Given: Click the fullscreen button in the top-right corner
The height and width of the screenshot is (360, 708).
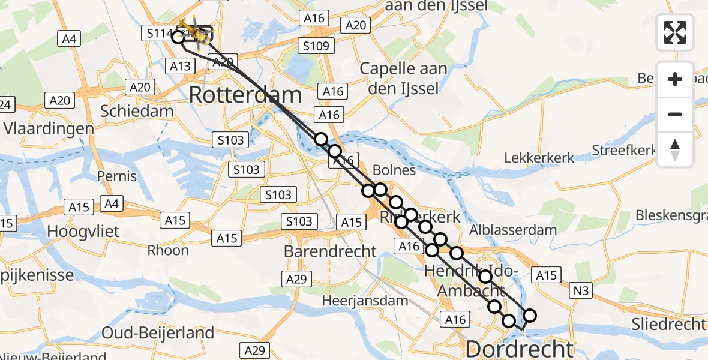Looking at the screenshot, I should tap(675, 32).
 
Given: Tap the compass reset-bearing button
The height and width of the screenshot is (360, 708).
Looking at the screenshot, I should tap(675, 149).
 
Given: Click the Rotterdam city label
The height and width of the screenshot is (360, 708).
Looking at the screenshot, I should tap(245, 95).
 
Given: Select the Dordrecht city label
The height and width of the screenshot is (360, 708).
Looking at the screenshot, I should tap(520, 349).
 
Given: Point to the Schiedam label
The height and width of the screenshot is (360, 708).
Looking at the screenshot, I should tap(137, 111).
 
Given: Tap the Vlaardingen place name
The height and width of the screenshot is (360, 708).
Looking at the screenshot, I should tap(49, 128).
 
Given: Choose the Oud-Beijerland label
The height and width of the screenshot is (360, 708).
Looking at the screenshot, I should tap(158, 333).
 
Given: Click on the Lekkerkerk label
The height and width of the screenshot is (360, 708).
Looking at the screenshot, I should tap(539, 158).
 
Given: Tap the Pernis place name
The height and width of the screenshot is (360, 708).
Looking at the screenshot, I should tap(118, 177).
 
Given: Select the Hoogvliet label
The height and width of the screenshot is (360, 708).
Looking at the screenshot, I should tap(83, 232).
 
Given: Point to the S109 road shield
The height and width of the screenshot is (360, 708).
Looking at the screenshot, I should tap(314, 46).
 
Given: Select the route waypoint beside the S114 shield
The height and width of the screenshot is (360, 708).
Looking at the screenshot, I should tap(178, 37).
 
